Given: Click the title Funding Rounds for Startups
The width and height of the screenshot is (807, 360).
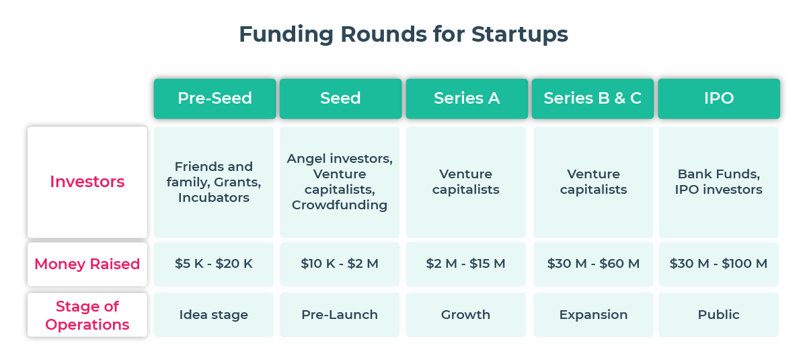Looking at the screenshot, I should (403, 34).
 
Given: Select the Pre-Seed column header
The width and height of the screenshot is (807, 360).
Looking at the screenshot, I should (215, 98).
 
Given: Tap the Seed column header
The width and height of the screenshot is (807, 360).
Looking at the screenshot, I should (340, 98).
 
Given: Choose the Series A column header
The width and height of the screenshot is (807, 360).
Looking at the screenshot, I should (466, 98).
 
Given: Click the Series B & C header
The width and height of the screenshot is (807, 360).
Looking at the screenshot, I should (592, 98).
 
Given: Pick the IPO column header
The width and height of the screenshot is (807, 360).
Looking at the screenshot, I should (718, 98).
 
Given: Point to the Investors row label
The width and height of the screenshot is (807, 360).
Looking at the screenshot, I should (87, 182).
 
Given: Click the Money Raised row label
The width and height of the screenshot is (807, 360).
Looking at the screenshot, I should (87, 264).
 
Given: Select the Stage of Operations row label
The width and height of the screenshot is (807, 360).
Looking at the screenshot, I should (87, 315).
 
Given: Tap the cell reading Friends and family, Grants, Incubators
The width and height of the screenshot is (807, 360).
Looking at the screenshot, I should (214, 182).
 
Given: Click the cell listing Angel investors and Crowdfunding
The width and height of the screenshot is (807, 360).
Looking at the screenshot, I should (340, 182).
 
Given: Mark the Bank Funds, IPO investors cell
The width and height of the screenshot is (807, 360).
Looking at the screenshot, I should (718, 182).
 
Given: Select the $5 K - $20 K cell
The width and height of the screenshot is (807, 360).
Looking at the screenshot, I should (214, 264).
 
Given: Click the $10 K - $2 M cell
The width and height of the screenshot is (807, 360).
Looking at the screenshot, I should (340, 264).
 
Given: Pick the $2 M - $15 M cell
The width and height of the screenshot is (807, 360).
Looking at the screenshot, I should (465, 264).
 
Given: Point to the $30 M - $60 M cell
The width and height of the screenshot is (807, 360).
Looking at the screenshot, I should (593, 264).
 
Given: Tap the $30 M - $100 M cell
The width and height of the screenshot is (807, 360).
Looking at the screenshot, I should (718, 264).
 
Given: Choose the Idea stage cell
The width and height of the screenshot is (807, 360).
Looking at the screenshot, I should (214, 315).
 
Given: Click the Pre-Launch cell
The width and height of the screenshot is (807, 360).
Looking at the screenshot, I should (340, 315).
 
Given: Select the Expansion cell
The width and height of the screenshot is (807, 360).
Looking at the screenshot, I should (593, 315).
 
